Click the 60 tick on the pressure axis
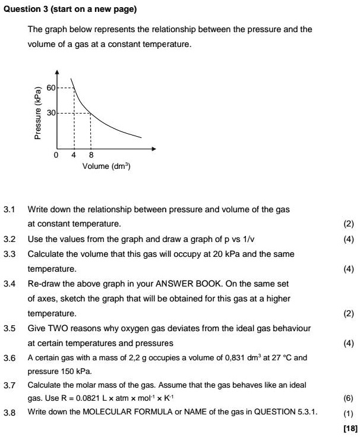(50, 88)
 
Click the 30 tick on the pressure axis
(50, 113)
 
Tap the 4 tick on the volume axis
(74, 155)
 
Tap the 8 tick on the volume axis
(90, 155)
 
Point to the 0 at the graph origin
(56, 155)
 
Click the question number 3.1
(9, 209)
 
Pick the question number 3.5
(9, 328)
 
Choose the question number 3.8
(9, 411)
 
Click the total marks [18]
(350, 427)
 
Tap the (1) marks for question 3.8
(349, 412)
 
